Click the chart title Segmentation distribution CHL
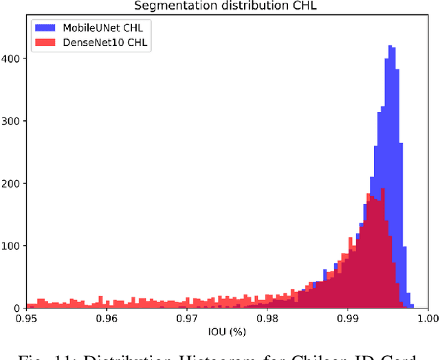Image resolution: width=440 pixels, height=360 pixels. click(227, 6)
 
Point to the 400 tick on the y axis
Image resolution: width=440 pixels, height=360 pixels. click(13, 58)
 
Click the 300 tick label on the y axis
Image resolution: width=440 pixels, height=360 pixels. click(13, 121)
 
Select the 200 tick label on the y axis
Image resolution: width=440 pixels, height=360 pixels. click(13, 183)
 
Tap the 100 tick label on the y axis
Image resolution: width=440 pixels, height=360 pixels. click(13, 246)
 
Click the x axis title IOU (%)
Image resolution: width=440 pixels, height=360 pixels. click(226, 333)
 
